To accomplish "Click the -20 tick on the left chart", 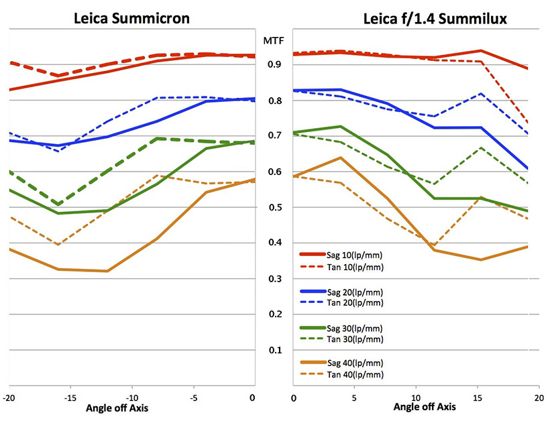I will pos(9,399).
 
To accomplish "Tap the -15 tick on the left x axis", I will pos(71,399).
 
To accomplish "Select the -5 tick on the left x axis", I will pos(193,399).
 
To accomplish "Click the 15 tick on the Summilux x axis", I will pos(477,399).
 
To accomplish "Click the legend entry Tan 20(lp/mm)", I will pos(355,303).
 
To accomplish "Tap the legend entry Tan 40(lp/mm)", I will pos(355,375).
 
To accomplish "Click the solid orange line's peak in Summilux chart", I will pos(341,158).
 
